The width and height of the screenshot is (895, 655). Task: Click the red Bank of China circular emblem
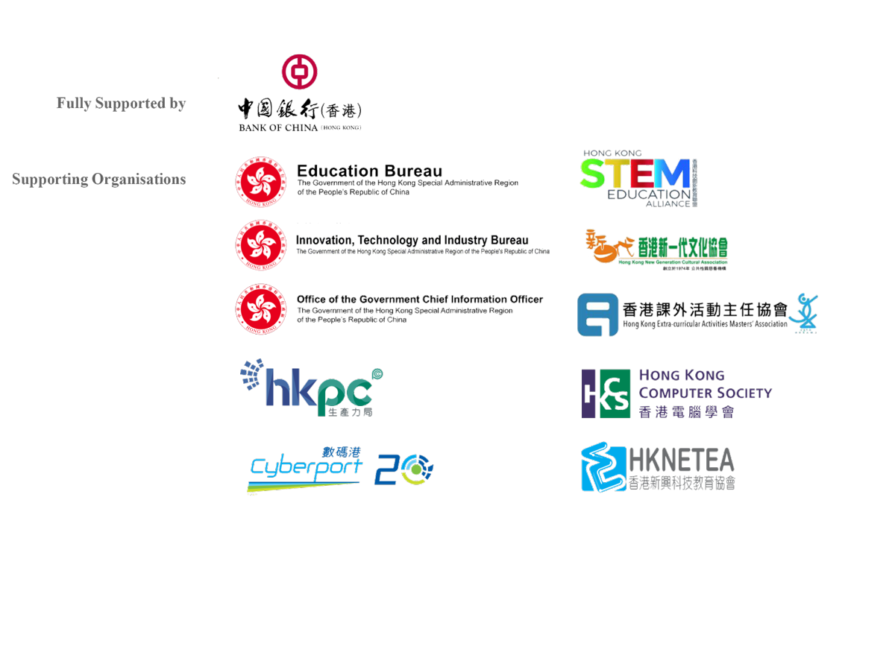(x=300, y=72)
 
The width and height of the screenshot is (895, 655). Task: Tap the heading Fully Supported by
(x=121, y=103)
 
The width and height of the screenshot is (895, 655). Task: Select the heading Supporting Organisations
(x=99, y=180)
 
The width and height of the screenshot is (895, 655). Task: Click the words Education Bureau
(x=369, y=171)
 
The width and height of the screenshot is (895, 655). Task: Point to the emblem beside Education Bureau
(x=261, y=182)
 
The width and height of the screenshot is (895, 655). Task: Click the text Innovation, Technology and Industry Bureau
(x=412, y=240)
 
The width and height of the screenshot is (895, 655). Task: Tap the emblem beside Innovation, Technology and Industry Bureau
(x=261, y=245)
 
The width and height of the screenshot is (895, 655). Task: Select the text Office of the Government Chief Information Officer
(x=420, y=300)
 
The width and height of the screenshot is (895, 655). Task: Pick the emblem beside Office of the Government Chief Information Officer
(x=261, y=310)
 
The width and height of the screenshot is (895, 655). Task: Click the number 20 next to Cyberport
(x=403, y=469)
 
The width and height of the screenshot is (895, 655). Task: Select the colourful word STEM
(x=635, y=174)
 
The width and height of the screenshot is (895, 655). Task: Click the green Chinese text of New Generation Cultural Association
(x=682, y=247)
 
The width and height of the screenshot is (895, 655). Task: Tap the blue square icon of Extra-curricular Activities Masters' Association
(x=597, y=314)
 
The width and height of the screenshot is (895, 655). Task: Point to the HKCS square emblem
(x=605, y=393)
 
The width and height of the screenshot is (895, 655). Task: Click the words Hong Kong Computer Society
(x=705, y=384)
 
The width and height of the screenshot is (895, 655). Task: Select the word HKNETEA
(x=682, y=460)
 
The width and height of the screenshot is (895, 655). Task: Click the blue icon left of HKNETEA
(x=603, y=467)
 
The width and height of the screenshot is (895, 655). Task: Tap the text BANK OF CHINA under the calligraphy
(x=278, y=128)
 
